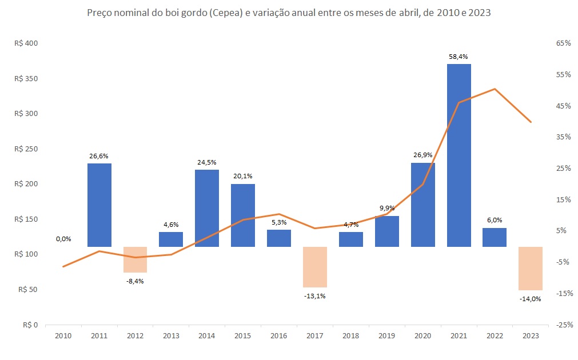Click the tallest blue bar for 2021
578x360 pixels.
(x=459, y=155)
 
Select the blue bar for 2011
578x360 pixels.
(x=99, y=205)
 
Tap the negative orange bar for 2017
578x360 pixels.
(x=314, y=267)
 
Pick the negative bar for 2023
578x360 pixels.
(x=530, y=269)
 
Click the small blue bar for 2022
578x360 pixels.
(x=495, y=237)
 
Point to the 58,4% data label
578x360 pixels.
(x=459, y=57)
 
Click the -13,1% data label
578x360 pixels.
(x=314, y=295)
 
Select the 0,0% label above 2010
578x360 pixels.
(x=63, y=239)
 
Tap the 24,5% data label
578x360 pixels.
(x=207, y=162)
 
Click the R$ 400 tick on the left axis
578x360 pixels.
(x=25, y=43)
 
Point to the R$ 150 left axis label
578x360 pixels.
(x=25, y=219)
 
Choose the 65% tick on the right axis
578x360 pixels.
(x=563, y=43)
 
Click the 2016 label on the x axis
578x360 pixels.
(x=279, y=337)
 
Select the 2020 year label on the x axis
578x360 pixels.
(x=422, y=337)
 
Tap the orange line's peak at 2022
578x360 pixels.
(x=495, y=89)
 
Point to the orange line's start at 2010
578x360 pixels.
(x=63, y=266)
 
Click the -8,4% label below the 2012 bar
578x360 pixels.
(x=135, y=281)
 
